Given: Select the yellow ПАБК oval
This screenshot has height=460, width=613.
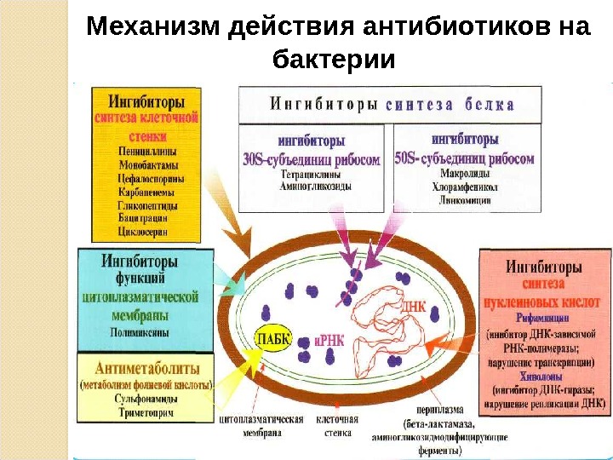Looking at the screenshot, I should pos(272,340).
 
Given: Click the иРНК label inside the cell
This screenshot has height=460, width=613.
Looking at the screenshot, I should pos(328,339).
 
